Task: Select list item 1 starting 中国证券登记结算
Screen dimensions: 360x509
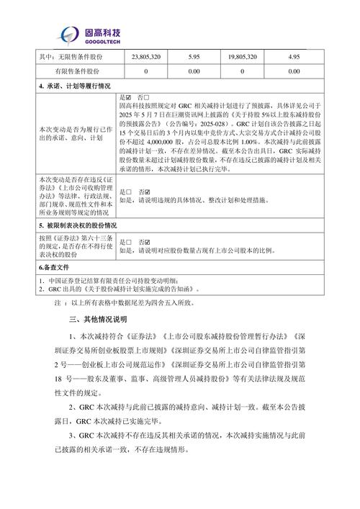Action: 108,279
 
